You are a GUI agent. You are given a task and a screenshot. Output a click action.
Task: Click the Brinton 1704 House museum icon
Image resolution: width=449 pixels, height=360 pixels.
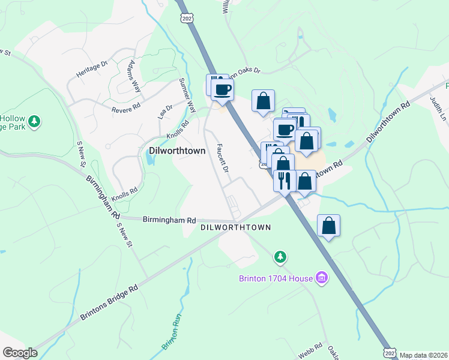point(322,278)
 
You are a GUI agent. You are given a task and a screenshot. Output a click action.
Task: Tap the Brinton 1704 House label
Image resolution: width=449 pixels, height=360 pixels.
point(276,278)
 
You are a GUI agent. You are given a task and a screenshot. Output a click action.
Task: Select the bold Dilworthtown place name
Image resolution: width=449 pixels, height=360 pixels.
point(177,151)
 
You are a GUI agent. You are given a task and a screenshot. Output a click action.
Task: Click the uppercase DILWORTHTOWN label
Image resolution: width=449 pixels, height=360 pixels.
point(235,227)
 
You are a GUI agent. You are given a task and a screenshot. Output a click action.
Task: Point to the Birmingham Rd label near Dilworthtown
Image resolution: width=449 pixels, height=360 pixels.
point(169,220)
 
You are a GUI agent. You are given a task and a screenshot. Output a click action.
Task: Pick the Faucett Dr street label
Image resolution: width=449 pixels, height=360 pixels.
point(223,158)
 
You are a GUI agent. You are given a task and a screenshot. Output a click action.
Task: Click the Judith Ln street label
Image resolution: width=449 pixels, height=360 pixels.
point(441,109)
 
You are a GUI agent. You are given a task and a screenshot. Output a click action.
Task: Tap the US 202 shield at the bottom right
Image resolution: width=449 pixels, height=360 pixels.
point(390,353)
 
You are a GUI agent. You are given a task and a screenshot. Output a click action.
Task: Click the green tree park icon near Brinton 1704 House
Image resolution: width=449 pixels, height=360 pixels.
point(280,257)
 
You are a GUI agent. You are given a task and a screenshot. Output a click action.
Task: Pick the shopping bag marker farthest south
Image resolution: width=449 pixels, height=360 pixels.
point(328,226)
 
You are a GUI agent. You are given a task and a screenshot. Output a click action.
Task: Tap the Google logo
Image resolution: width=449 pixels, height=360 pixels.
point(20,353)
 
